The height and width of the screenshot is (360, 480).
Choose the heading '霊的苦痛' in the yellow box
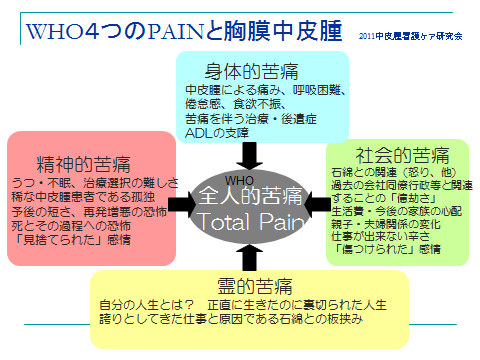(x=241, y=284)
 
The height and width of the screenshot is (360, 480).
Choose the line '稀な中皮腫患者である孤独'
(x=79, y=197)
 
